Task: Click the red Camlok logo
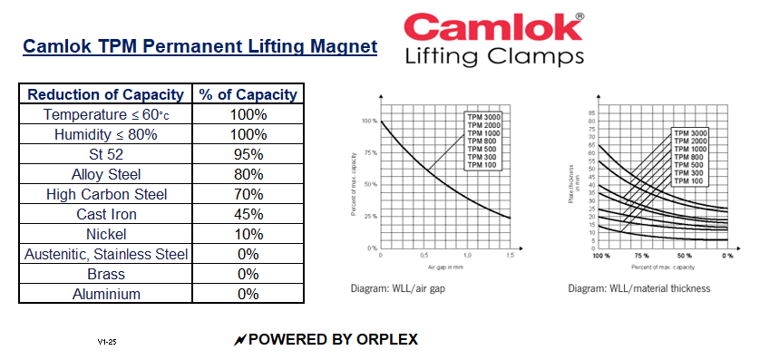(492, 27)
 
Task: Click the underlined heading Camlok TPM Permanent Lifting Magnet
(199, 46)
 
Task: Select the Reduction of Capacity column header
(106, 94)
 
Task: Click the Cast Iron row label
(106, 214)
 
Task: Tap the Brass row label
(106, 274)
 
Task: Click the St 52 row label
(106, 154)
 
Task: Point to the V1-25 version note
(107, 342)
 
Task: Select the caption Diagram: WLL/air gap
(400, 288)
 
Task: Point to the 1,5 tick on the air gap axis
(510, 257)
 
